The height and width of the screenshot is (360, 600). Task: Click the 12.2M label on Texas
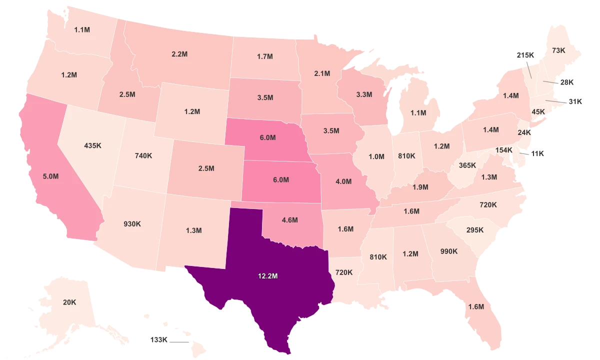pyautogui.click(x=268, y=275)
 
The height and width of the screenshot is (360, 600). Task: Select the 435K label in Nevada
pyautogui.click(x=93, y=145)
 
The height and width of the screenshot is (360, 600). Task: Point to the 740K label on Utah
pyautogui.click(x=143, y=155)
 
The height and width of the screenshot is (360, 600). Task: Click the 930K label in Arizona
pyautogui.click(x=132, y=224)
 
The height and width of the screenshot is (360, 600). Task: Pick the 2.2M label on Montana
pyautogui.click(x=179, y=53)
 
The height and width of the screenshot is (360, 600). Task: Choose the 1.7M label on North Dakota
pyautogui.click(x=264, y=56)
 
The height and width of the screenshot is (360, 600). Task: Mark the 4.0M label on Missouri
pyautogui.click(x=343, y=181)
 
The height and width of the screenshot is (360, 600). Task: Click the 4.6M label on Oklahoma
pyautogui.click(x=289, y=219)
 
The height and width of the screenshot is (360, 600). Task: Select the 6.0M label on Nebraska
pyautogui.click(x=267, y=137)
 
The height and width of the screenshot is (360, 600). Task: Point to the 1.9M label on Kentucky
pyautogui.click(x=420, y=187)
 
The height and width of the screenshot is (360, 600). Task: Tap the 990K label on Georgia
pyautogui.click(x=449, y=251)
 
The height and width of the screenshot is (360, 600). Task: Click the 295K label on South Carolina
pyautogui.click(x=475, y=230)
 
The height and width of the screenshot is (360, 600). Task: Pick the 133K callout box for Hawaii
pyautogui.click(x=159, y=339)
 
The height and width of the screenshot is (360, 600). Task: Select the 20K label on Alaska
pyautogui.click(x=69, y=302)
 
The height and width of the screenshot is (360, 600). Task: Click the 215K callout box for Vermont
pyautogui.click(x=525, y=55)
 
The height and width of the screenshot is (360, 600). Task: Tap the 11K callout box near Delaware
pyautogui.click(x=537, y=153)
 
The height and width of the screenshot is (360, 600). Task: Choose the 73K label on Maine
pyautogui.click(x=558, y=50)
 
